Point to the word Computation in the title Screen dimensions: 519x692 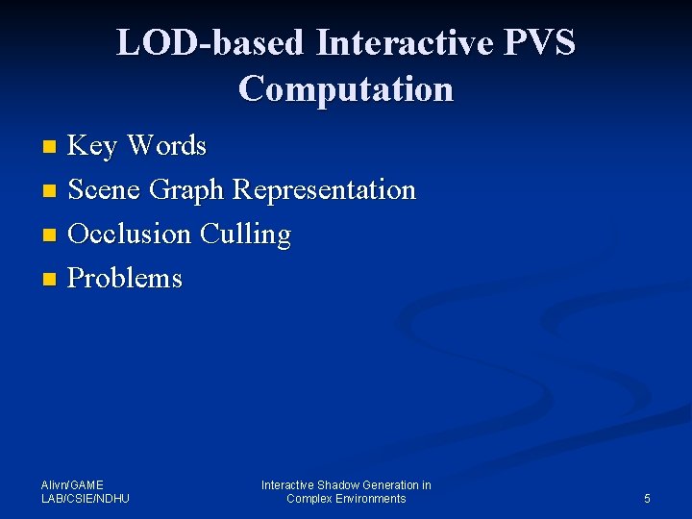coord(346,89)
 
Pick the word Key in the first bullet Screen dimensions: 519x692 coord(93,146)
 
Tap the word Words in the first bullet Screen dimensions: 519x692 coord(166,146)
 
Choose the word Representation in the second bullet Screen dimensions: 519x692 coord(325,190)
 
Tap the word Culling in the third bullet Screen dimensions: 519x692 coord(245,235)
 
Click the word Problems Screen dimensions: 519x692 coord(126,279)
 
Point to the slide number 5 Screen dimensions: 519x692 coord(647,499)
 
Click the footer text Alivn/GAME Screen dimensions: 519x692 coord(72,485)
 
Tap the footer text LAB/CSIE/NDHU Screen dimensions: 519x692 coord(86,499)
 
